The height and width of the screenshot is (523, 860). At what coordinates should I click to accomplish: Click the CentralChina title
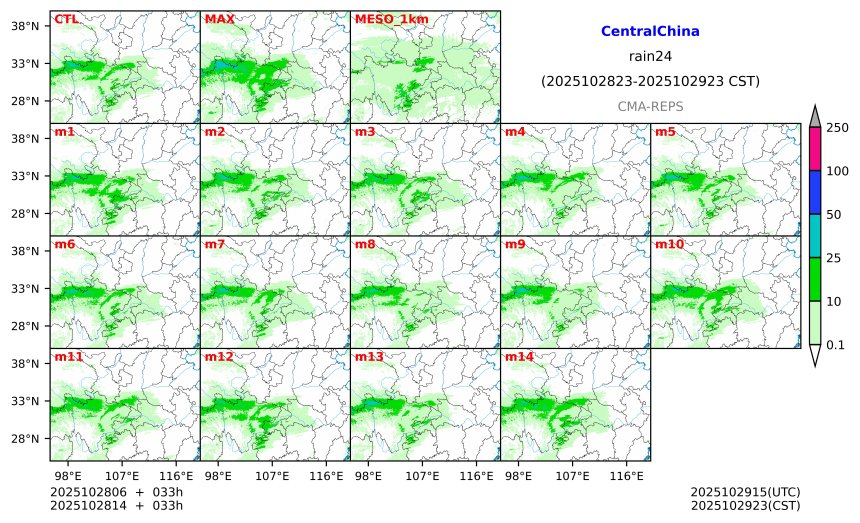click(x=650, y=32)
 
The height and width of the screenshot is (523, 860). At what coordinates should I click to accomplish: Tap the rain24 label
click(x=650, y=56)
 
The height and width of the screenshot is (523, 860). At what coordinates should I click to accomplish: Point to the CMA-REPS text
click(x=650, y=105)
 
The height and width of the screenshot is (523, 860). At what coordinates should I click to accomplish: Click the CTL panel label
click(x=66, y=19)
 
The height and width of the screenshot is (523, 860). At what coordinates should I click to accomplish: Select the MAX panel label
click(x=219, y=19)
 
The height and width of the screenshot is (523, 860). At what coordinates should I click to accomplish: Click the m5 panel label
click(x=665, y=132)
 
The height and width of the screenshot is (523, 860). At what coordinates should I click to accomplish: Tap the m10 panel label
click(x=669, y=244)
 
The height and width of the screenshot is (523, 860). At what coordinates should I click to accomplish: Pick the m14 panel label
click(x=519, y=357)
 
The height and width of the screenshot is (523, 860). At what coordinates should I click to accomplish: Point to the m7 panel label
click(x=215, y=244)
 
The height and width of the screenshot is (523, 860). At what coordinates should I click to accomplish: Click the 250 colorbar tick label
click(x=837, y=127)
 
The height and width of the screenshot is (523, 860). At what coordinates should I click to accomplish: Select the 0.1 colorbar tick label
click(x=836, y=345)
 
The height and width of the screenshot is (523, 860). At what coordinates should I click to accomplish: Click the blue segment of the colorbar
click(x=814, y=192)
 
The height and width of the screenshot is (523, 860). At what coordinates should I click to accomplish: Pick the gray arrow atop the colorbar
click(x=814, y=116)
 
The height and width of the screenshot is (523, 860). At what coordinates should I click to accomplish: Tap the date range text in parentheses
click(x=650, y=81)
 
